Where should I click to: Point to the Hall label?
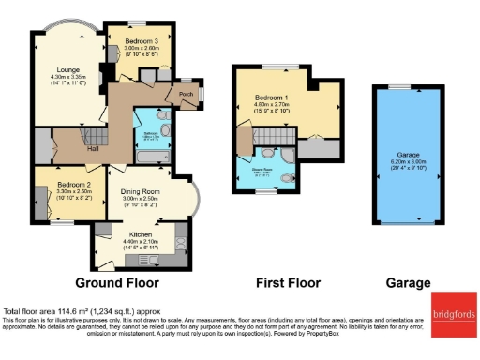coord(93,148)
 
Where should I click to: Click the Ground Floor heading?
coord(116,281)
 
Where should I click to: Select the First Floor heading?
coord(288,281)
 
